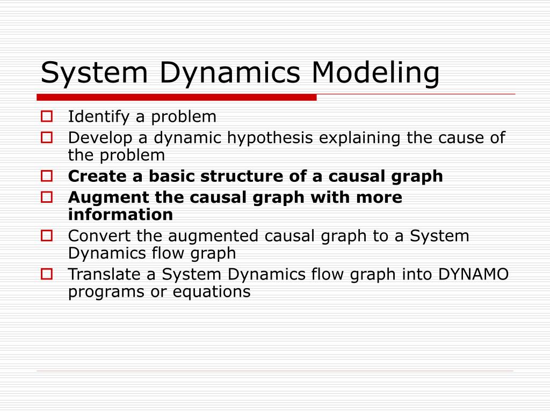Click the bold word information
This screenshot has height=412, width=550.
(x=120, y=215)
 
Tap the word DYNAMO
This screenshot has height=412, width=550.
(x=473, y=275)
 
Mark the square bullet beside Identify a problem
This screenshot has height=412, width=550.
(x=47, y=116)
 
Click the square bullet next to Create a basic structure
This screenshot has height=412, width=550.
(x=47, y=175)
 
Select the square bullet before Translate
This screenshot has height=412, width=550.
(x=47, y=274)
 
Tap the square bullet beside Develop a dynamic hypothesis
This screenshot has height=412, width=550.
(x=47, y=137)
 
